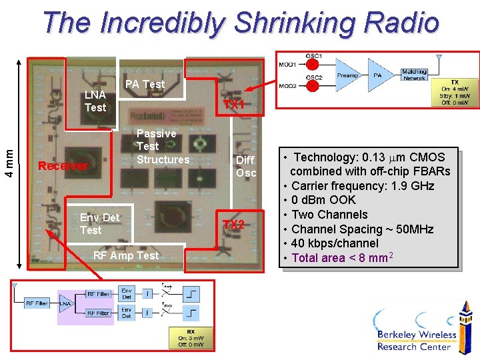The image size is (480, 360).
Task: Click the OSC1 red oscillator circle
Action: tap(311, 65)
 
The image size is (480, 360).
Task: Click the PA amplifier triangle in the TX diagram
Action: tap(379, 75)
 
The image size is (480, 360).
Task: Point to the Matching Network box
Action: tap(414, 75)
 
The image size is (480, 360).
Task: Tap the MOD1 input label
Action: tap(287, 64)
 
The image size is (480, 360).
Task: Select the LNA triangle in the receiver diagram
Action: tap(66, 303)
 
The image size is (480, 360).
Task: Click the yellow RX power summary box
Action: tap(191, 337)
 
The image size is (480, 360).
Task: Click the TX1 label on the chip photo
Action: tap(234, 105)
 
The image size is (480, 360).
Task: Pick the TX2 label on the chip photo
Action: tap(233, 225)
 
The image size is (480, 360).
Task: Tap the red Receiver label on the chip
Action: tap(63, 166)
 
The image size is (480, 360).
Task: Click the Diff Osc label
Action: tap(245, 166)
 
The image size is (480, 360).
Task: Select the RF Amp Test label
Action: tap(126, 255)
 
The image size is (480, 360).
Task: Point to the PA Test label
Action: tap(145, 84)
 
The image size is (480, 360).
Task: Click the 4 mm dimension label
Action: tap(8, 163)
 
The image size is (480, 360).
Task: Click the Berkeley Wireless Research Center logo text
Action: tap(416, 340)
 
